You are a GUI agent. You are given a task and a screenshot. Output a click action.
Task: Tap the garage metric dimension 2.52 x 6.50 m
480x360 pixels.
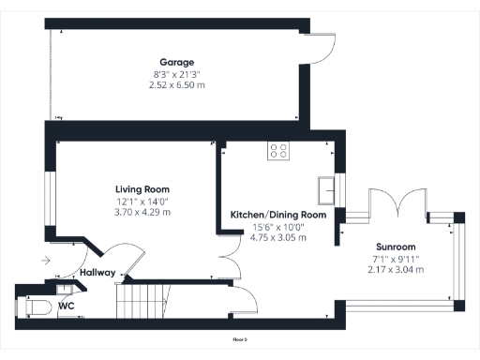tap(177, 84)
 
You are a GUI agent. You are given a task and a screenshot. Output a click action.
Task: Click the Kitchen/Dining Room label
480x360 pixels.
tap(278, 215)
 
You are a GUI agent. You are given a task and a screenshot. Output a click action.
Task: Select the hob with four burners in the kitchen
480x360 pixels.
tap(278, 152)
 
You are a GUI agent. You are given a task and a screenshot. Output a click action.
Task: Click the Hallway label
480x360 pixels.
tap(97, 273)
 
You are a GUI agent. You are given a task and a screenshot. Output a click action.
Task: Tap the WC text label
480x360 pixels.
tap(67, 307)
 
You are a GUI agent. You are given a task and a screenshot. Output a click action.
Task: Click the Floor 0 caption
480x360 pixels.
tap(240, 338)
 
